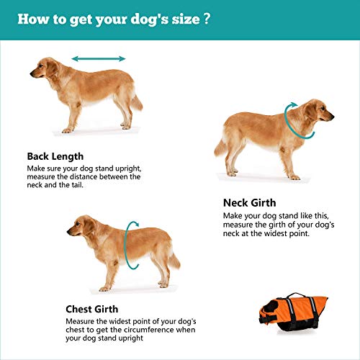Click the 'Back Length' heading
click(55, 156)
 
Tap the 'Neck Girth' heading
click(249, 203)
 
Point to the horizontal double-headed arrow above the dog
click(99, 59)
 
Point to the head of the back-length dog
click(43, 70)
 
